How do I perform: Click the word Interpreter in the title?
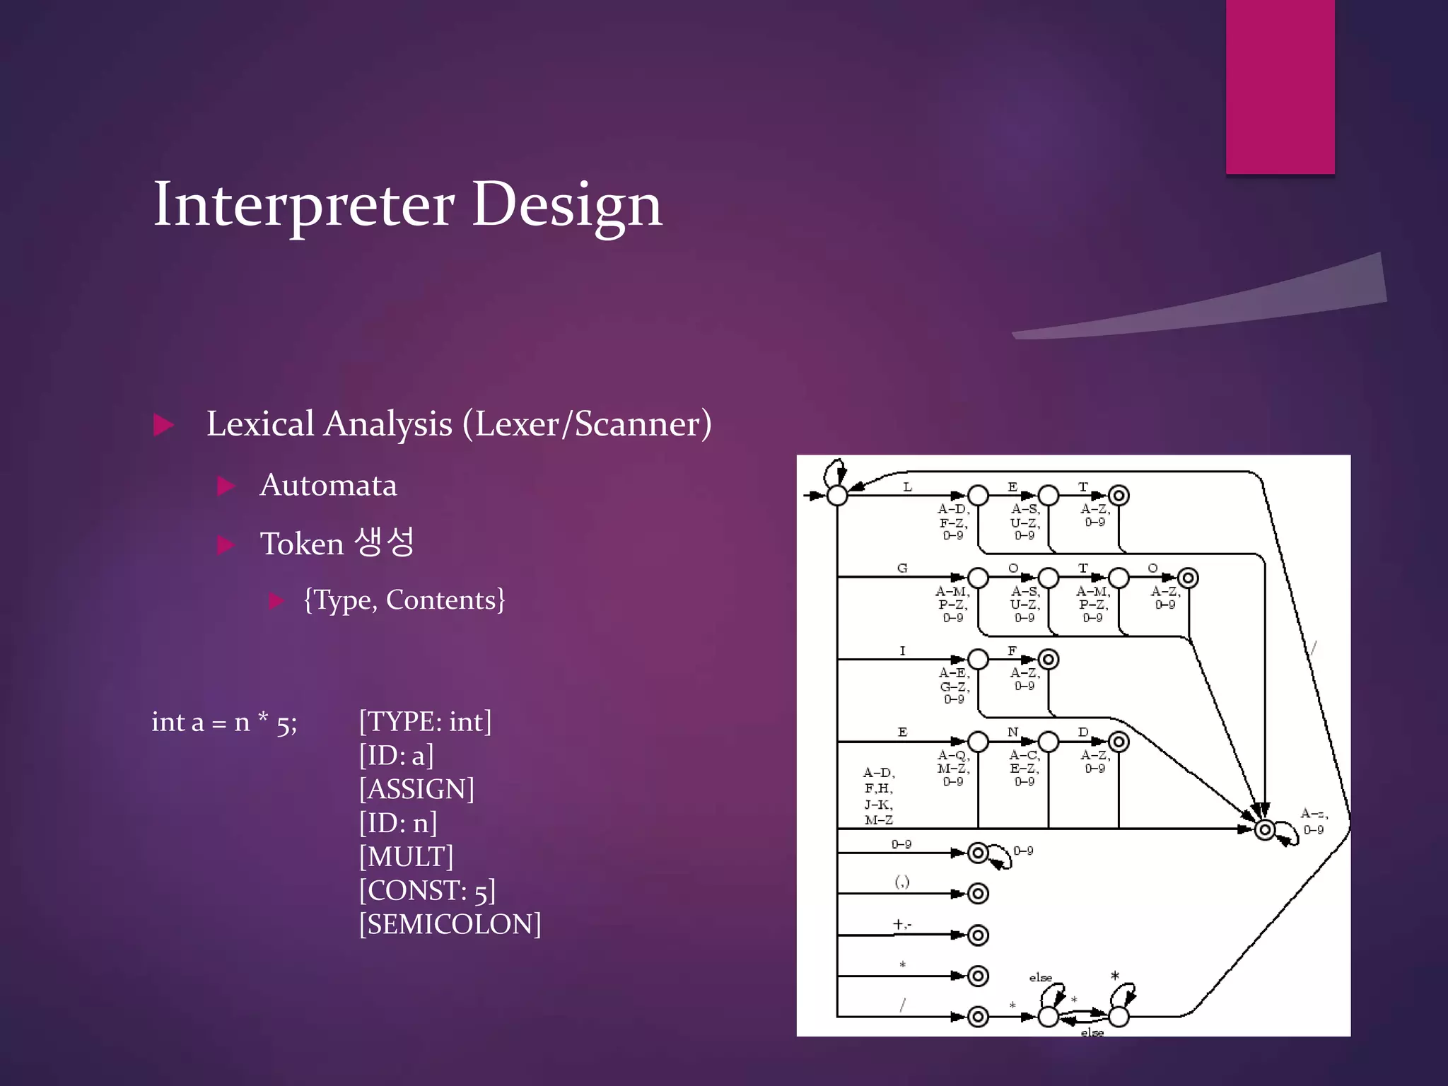[x=304, y=205]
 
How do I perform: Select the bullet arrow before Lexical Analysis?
[x=163, y=425]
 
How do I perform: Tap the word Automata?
[x=328, y=486]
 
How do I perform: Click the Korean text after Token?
[x=384, y=542]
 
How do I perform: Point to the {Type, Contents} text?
[x=404, y=600]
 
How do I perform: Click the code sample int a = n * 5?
[x=224, y=723]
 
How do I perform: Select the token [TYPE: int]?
[x=425, y=722]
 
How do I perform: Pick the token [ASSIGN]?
[x=416, y=789]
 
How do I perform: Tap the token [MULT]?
[x=406, y=857]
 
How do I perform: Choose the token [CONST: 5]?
[x=427, y=891]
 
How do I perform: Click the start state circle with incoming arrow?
[x=837, y=496]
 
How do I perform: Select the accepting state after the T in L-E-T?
[x=1119, y=496]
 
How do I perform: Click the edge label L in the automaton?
[x=908, y=487]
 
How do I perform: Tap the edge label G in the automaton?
[x=902, y=568]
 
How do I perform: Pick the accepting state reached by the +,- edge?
[x=978, y=935]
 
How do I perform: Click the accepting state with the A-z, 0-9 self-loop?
[x=1265, y=829]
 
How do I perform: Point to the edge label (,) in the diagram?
[x=902, y=882]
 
